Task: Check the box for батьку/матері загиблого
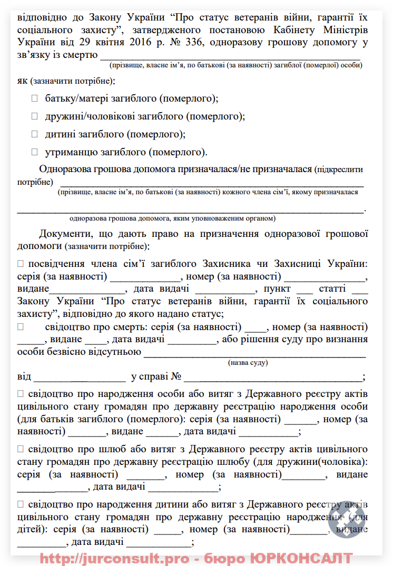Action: tap(35, 98)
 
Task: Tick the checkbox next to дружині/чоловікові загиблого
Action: tap(35, 116)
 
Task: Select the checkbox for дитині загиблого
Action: tap(35, 134)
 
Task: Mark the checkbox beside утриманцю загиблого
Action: tap(35, 152)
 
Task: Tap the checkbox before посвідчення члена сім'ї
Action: tap(21, 263)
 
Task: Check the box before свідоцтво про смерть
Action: tap(21, 326)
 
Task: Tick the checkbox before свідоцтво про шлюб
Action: tap(21, 449)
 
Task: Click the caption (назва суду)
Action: tap(248, 363)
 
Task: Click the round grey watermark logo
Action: tap(346, 519)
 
